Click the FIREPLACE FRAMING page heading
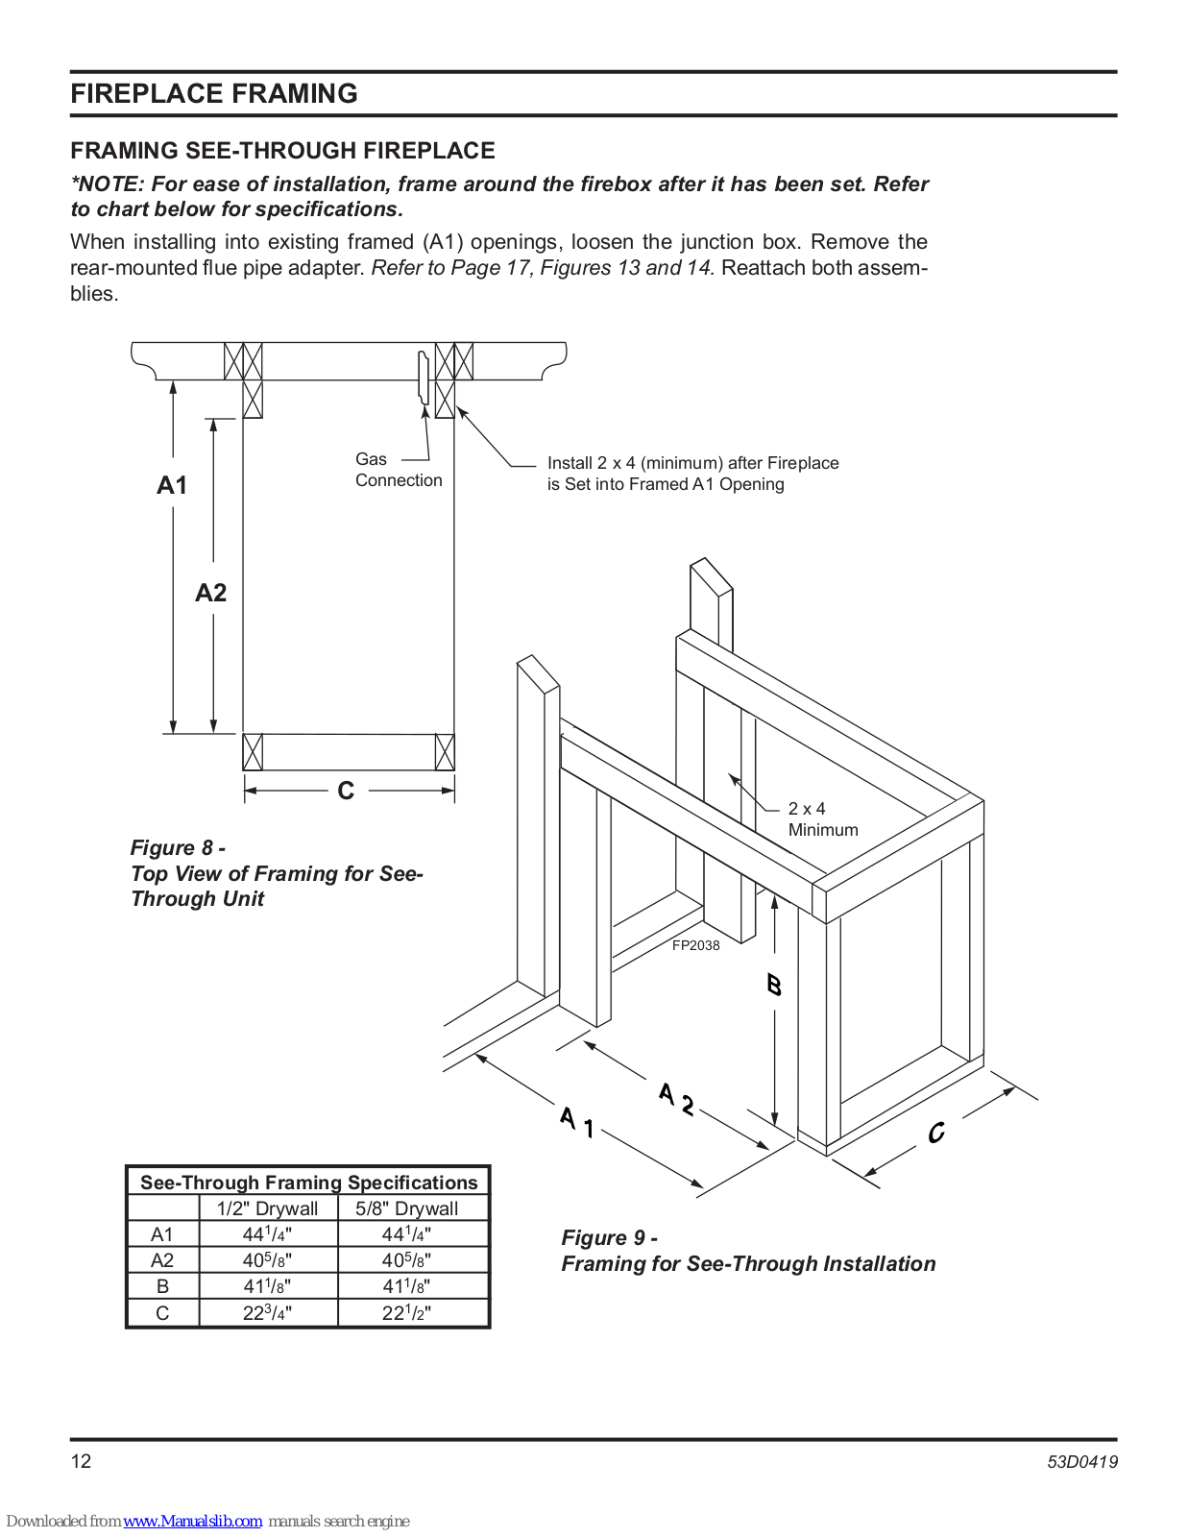214,93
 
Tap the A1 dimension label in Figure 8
172,485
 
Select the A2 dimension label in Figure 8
211,593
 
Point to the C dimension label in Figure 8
346,791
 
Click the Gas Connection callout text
398,470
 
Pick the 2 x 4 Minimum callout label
822,819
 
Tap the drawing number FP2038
695,945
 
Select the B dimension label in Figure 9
774,985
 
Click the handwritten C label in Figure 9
936,1133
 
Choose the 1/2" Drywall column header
267,1208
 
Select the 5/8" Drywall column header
406,1208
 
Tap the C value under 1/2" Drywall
267,1313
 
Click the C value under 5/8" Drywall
406,1313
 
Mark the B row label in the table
162,1286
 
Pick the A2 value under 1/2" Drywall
267,1260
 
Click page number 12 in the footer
81,1461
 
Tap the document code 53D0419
1081,1462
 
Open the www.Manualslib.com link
192,1521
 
